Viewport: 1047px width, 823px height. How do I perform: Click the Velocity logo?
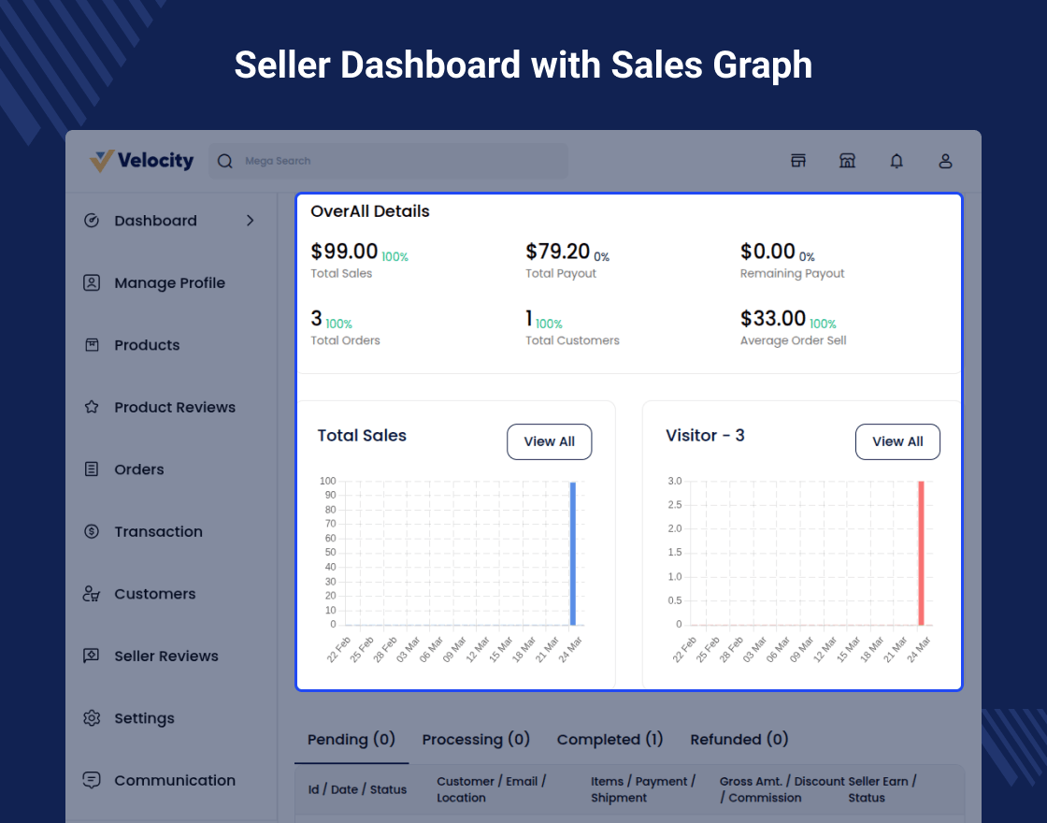tap(142, 161)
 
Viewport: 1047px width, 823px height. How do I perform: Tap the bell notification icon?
tap(896, 161)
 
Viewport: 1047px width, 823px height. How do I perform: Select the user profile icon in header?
tap(945, 161)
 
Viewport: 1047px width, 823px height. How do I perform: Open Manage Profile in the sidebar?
tap(169, 282)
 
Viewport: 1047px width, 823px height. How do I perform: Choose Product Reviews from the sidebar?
tap(175, 407)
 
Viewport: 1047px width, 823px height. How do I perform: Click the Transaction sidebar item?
tap(158, 531)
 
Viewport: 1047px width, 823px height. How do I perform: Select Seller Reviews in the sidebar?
tap(166, 656)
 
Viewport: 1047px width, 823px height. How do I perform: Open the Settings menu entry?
tap(144, 718)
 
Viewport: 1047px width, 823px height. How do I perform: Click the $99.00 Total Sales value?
tap(344, 252)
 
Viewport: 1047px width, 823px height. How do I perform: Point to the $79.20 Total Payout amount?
tap(558, 252)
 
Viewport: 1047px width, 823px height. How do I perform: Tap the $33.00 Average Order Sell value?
tap(773, 319)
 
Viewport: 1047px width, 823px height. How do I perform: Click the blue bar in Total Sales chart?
tap(573, 553)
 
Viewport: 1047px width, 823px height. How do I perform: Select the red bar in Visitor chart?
tap(921, 553)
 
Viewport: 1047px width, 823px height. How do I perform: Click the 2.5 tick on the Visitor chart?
tap(674, 505)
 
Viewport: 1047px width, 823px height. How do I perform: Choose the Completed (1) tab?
tap(610, 739)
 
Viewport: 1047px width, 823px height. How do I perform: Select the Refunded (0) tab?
tap(739, 739)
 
